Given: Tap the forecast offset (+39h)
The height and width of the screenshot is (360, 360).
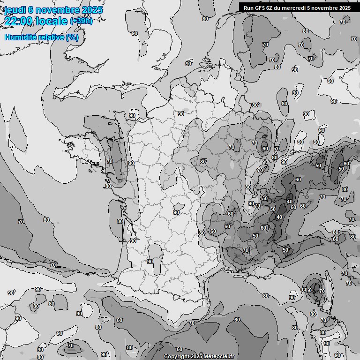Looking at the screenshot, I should click(81, 21).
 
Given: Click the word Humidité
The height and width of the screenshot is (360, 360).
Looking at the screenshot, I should click(20, 37).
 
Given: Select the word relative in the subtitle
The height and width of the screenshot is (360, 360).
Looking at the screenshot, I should click(50, 37).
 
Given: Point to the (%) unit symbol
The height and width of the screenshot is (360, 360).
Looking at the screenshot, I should click(72, 37).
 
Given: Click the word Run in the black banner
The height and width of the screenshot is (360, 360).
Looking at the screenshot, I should click(248, 7).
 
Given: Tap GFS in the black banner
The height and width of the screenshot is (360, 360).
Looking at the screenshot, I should click(260, 7).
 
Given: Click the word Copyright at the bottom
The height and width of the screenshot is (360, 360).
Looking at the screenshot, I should click(177, 357).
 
